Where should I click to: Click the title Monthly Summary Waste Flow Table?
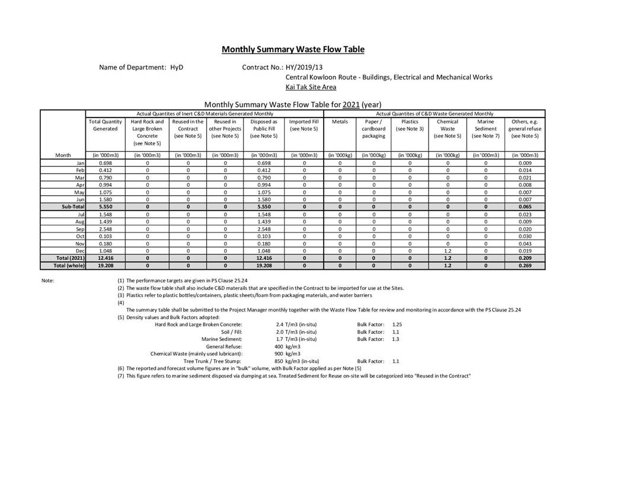click(293, 49)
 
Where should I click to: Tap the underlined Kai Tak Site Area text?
click(311, 87)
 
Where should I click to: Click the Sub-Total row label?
click(71, 206)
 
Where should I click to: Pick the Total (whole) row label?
click(69, 266)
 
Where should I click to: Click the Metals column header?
click(340, 122)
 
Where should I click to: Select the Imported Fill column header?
click(304, 125)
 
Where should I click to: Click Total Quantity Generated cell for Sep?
click(105, 229)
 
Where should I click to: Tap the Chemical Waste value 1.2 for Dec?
click(448, 251)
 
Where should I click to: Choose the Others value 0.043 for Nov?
click(525, 244)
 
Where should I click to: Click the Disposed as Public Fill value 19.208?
click(264, 266)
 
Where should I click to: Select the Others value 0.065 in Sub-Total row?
click(525, 206)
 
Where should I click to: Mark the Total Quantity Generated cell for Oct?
click(105, 236)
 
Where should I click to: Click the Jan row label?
click(80, 163)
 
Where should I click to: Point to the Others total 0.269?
click(525, 266)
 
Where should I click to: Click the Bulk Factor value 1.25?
click(397, 324)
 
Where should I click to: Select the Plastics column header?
click(410, 125)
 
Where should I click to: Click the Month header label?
click(63, 155)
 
